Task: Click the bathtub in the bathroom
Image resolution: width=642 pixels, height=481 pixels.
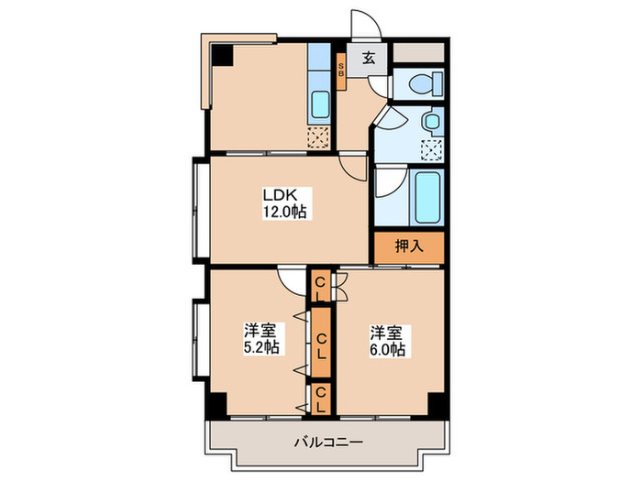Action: tap(428, 197)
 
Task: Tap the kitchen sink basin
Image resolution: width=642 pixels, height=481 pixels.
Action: tap(319, 105)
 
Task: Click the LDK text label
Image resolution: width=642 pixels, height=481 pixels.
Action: tap(275, 195)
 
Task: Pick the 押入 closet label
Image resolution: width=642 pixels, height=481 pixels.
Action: tap(407, 246)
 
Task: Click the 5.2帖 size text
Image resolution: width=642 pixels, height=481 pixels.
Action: tap(261, 349)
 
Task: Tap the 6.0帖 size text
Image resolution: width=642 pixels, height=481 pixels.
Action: tap(389, 349)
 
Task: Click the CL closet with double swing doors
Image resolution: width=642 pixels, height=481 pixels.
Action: tap(320, 287)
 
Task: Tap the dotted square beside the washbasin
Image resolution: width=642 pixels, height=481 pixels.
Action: tap(430, 148)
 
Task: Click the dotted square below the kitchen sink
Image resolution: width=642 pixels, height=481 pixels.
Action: tap(317, 138)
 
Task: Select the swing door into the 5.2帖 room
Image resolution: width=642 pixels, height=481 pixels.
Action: tap(292, 280)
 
